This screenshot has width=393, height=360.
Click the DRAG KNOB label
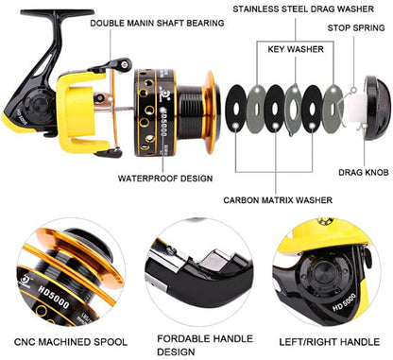363,173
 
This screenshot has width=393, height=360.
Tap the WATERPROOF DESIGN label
166,177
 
